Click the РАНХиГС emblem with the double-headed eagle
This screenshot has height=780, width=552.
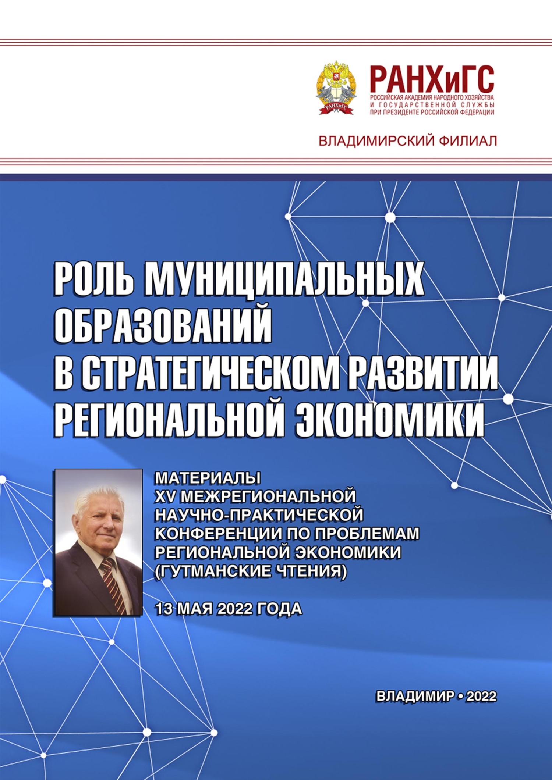tap(336, 88)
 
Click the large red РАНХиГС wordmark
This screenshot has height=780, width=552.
tap(432, 79)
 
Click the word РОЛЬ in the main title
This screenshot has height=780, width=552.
tap(94, 278)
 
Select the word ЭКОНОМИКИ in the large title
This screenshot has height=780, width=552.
tap(390, 419)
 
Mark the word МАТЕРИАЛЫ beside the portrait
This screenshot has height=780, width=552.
tap(208, 478)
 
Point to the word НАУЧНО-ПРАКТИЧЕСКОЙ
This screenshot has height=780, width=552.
tap(259, 515)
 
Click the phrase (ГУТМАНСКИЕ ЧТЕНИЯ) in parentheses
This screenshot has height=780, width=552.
tap(251, 571)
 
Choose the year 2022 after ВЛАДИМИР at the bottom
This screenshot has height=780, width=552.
tap(481, 696)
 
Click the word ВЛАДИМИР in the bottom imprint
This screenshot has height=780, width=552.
tap(415, 696)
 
